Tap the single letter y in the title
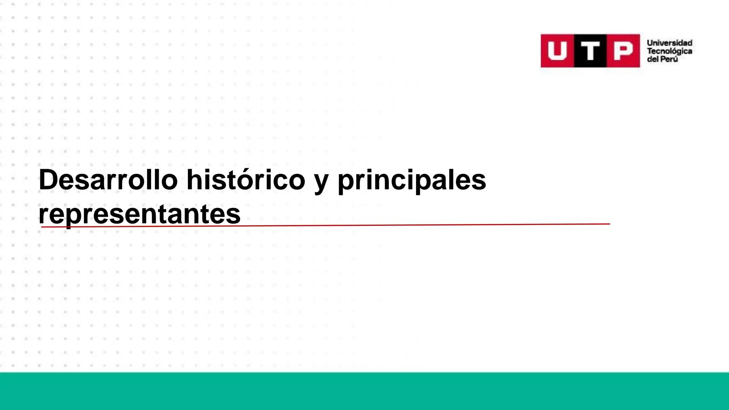coord(321,182)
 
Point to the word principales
coord(412,180)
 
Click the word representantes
coord(139,214)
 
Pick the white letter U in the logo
coord(557,51)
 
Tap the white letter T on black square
coord(590,51)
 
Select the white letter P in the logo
coord(623,51)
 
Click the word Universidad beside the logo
coord(669,43)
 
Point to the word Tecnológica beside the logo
coord(669,51)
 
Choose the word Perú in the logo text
coord(669,59)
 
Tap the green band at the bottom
coord(364,391)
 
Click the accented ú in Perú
coord(674,59)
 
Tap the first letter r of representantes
coord(43,215)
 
